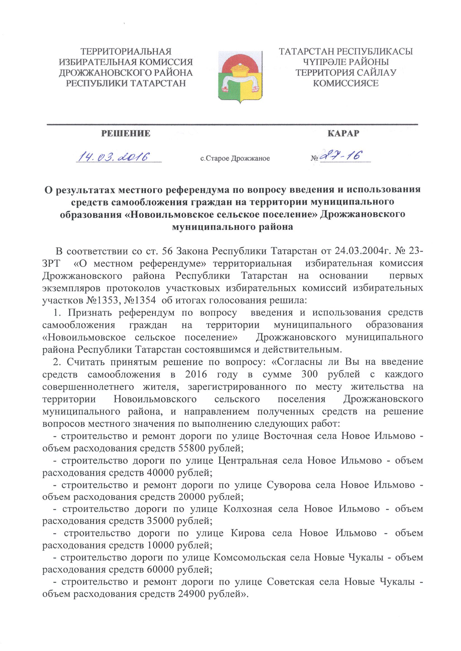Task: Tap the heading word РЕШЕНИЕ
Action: pos(126,133)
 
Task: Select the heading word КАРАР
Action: pos(343,133)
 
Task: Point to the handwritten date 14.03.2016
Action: pos(114,157)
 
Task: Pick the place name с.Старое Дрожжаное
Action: pos(235,158)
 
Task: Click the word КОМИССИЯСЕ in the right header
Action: pos(345,83)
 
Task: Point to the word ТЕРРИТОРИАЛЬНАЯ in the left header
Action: pos(126,52)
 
